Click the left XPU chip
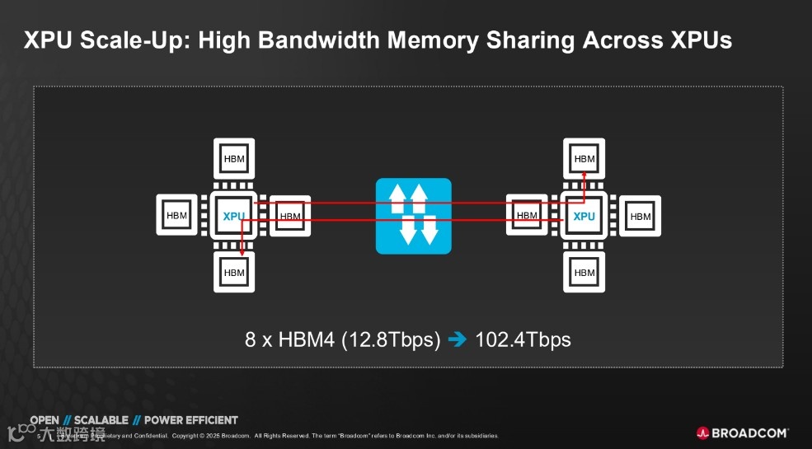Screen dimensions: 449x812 point(234,216)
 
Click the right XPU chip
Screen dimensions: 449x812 point(584,216)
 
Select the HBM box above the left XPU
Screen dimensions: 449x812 point(234,159)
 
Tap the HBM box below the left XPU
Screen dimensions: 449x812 point(234,272)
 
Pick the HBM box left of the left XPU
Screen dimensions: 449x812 point(177,216)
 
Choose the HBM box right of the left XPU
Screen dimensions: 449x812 point(290,216)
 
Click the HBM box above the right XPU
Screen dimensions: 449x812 point(584,159)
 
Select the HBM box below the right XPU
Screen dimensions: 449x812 point(584,272)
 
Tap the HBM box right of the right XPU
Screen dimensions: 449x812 point(641,216)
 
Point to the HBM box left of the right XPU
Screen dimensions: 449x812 point(527,216)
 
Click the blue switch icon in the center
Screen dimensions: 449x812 point(414,216)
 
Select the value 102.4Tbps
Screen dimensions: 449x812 point(523,339)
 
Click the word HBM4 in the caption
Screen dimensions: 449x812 point(307,339)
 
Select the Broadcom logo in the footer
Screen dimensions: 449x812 point(742,433)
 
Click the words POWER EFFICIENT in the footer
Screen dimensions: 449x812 point(190,420)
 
